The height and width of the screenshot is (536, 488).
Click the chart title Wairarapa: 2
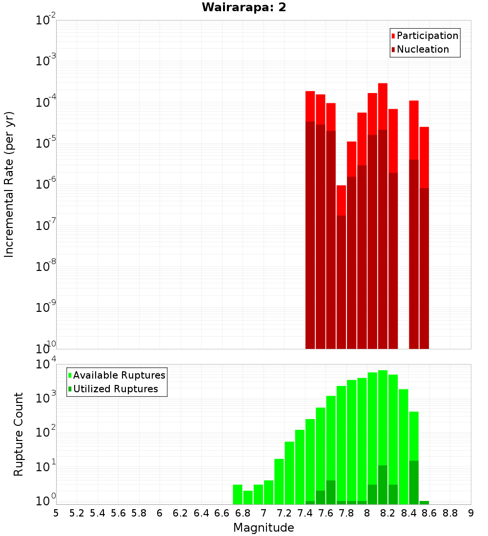coord(244,8)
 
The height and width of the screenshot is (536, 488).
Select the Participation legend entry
coord(427,36)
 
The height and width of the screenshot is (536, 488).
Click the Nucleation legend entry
coord(423,49)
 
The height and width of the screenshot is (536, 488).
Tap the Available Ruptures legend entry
coord(119,375)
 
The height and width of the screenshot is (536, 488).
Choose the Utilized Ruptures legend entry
coord(115,389)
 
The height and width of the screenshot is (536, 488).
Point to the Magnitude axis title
coord(264,528)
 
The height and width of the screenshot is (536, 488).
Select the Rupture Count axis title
coord(19,434)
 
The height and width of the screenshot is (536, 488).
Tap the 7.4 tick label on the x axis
coord(305,513)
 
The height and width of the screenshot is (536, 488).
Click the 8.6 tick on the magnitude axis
coord(429,513)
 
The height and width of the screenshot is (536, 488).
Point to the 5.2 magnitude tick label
coord(77,513)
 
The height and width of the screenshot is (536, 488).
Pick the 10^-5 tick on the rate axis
coord(46,143)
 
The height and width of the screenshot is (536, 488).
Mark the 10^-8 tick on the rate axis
coord(46,267)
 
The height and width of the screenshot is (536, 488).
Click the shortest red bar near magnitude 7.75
coord(341,200)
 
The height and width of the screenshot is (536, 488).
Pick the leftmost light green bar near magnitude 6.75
coord(238,494)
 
